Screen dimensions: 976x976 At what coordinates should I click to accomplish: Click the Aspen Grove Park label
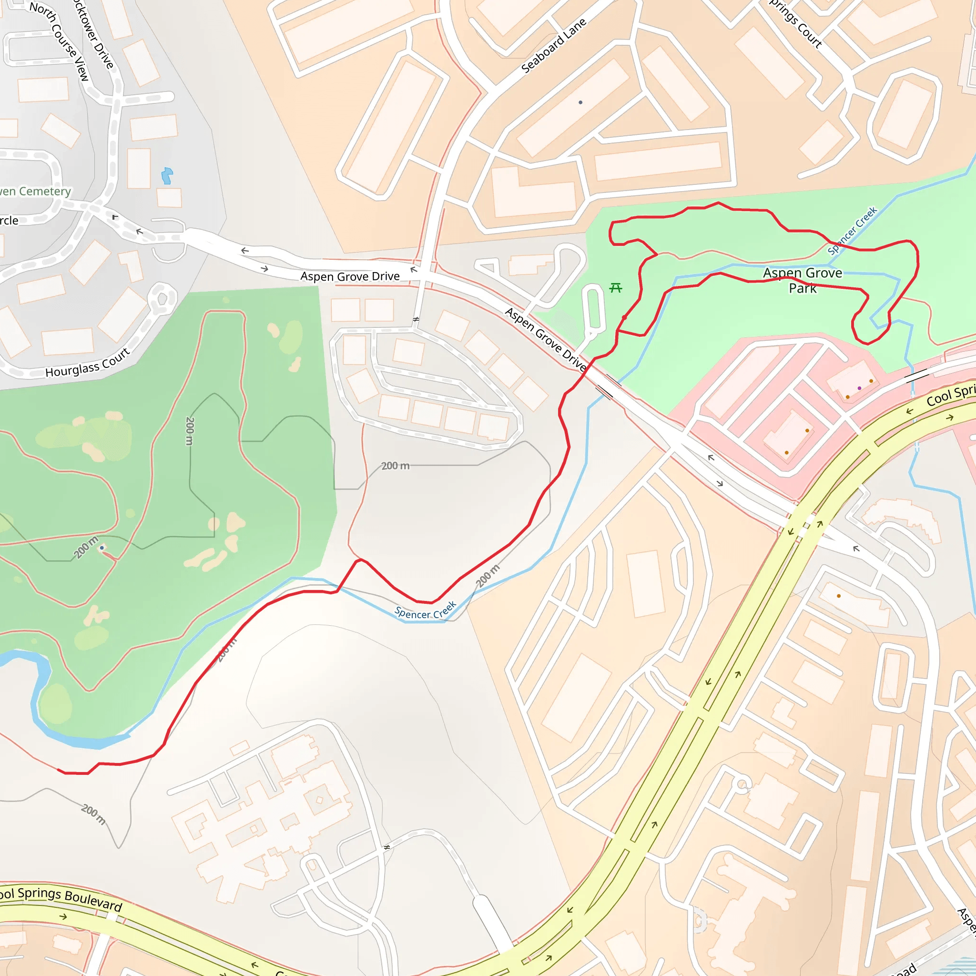tap(802, 280)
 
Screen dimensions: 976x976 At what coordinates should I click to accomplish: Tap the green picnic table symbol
tap(615, 288)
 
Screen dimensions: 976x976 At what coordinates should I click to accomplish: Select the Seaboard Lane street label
tap(554, 45)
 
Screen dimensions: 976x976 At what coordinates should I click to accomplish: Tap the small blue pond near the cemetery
tap(167, 175)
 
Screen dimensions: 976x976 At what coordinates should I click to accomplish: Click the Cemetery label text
tap(35, 192)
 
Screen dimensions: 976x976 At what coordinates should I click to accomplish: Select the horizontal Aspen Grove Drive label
tap(350, 276)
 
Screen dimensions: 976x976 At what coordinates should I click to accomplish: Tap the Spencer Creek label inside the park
tap(852, 230)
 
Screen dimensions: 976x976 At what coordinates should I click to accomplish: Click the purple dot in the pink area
tap(859, 388)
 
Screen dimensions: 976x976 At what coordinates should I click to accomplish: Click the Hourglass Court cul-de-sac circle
tap(162, 298)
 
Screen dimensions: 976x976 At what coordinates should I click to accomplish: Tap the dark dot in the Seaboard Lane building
tap(580, 102)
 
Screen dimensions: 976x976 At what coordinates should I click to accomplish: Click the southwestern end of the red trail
tap(59, 771)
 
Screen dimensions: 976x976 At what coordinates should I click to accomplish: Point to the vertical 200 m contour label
tap(190, 431)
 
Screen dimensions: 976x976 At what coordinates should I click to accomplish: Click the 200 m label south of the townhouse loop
tap(395, 466)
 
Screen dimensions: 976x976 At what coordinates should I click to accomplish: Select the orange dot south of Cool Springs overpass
tap(839, 596)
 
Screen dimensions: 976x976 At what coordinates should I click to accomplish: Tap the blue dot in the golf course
tap(102, 548)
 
